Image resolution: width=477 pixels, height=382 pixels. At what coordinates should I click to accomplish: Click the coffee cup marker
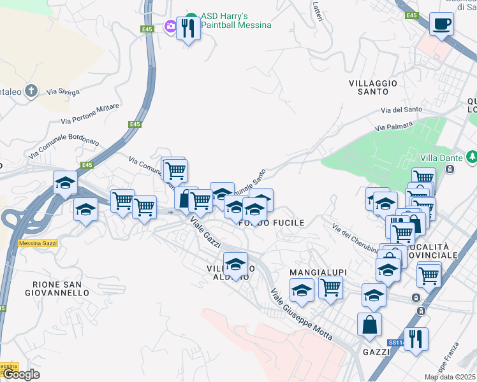(441, 25)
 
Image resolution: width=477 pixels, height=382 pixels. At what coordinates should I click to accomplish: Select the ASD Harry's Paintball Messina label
(236, 20)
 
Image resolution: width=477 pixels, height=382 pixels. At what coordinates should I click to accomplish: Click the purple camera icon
(170, 27)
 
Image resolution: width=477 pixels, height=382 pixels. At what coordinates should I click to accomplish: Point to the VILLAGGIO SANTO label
(373, 87)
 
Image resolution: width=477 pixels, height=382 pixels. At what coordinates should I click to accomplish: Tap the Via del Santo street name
(401, 110)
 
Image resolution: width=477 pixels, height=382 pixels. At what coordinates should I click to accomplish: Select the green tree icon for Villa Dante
(471, 157)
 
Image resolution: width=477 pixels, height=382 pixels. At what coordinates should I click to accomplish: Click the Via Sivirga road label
(62, 92)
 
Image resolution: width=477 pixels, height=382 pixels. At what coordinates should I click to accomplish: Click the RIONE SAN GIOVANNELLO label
(57, 288)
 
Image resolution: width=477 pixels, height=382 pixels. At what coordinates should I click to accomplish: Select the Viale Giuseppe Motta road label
(301, 316)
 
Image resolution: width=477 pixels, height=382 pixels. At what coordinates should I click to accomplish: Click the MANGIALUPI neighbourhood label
(317, 272)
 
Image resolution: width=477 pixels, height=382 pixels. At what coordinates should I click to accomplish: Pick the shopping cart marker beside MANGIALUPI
(330, 287)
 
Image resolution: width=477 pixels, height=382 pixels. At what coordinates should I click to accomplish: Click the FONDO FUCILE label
(271, 223)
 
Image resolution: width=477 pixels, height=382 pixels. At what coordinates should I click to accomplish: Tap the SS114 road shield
(396, 343)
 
